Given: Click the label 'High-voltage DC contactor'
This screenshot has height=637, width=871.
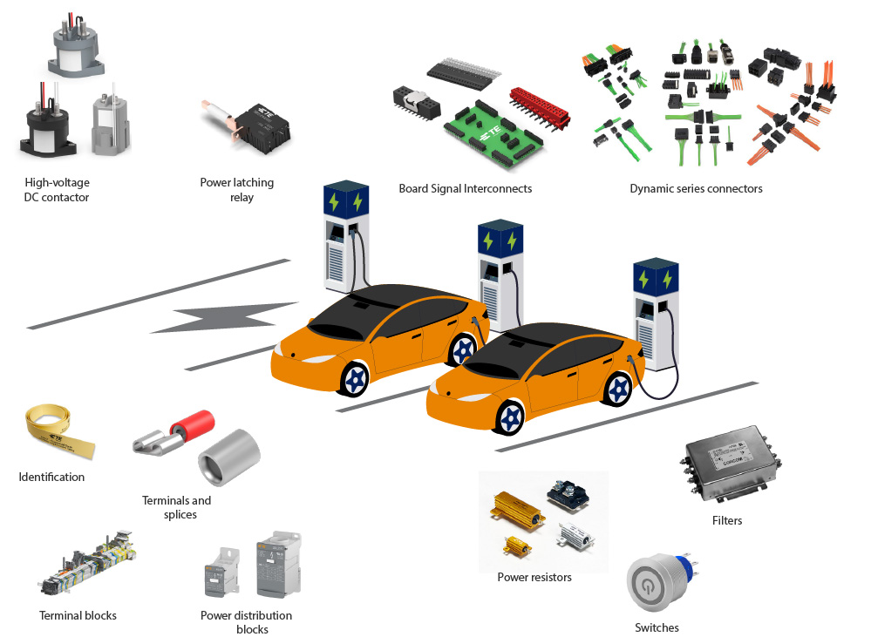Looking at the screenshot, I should (57, 190).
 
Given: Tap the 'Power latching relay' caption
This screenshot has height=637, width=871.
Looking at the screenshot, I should (236, 190).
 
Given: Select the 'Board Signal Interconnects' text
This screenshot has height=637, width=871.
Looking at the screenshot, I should (465, 188).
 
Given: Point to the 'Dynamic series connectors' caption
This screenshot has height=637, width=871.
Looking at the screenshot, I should (696, 188).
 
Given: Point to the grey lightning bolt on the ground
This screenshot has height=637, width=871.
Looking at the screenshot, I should (226, 318).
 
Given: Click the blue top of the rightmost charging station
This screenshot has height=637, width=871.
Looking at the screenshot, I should (656, 277).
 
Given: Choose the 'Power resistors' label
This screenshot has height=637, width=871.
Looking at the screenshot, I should (534, 577).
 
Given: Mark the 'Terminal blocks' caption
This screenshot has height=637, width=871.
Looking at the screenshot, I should (78, 615).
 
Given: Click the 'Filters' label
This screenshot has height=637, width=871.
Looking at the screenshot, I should (727, 520).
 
